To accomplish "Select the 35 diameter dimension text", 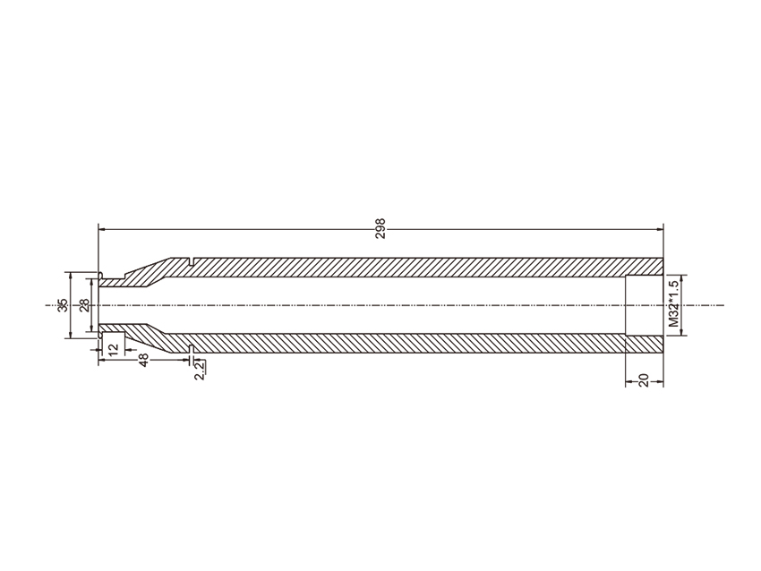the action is pyautogui.click(x=63, y=305).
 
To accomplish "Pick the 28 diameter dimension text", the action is pyautogui.click(x=84, y=305).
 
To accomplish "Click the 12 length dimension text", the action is pyautogui.click(x=113, y=349).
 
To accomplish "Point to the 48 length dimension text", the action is pyautogui.click(x=143, y=360).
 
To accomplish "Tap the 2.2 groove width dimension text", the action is pyautogui.click(x=200, y=371).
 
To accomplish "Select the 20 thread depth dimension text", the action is pyautogui.click(x=644, y=379).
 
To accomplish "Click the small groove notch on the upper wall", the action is pyautogui.click(x=190, y=262).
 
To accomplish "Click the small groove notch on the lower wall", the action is pyautogui.click(x=190, y=348).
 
